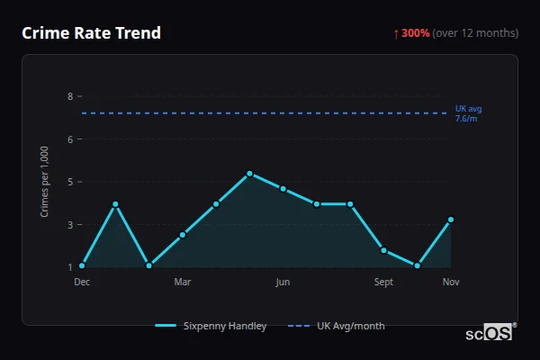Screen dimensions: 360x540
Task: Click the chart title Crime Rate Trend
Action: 91,33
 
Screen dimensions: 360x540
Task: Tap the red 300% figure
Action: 415,33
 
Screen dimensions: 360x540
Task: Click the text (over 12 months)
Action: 475,33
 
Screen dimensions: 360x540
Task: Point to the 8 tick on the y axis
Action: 69,96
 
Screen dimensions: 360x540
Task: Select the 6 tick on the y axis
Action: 69,139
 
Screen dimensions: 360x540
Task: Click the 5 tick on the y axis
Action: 69,182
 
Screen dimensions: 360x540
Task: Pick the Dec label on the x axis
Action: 82,283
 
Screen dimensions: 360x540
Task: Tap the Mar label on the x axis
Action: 183,283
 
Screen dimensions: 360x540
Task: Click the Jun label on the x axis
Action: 283,283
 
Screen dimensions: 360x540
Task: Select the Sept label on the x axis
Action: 383,283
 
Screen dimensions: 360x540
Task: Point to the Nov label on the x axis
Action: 451,283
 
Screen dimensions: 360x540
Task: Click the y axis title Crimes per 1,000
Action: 45,182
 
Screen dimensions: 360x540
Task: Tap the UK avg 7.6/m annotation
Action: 468,113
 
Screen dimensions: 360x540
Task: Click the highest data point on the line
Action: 249,174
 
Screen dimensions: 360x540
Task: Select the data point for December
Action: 82,265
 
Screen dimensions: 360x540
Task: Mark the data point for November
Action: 451,220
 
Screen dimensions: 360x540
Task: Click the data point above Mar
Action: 183,235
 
